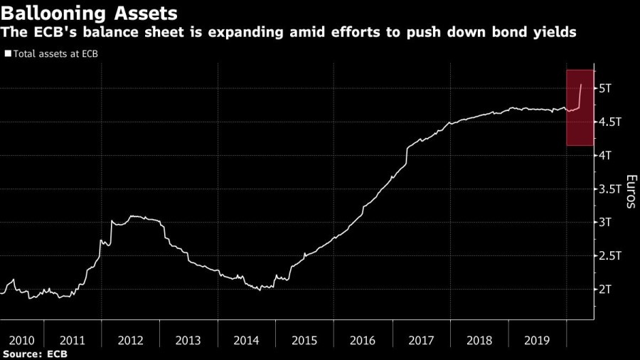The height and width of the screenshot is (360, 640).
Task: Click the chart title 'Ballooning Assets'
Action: click(x=90, y=13)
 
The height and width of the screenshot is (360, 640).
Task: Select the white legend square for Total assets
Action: click(x=8, y=53)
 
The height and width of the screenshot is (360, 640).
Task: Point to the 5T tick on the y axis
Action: click(x=609, y=88)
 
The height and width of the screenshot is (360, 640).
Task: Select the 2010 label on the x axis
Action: click(x=16, y=340)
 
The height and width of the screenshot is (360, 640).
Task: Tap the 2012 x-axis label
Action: click(x=131, y=340)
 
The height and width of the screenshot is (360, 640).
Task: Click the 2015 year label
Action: click(x=305, y=340)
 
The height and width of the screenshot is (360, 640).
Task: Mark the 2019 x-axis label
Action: click(x=538, y=340)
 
